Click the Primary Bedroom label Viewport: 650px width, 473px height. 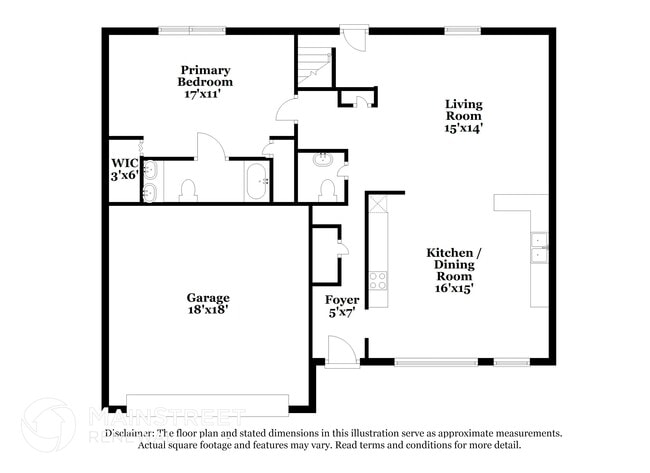point(206,82)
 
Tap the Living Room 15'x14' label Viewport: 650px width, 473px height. point(463,115)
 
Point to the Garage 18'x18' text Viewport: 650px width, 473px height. point(208,304)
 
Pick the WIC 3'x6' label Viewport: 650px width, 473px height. point(124,169)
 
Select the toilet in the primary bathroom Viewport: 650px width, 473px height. point(187,190)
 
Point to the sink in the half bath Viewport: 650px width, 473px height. point(324,160)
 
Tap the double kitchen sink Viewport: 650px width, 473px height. point(539,247)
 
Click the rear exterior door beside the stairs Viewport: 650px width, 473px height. point(353,32)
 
